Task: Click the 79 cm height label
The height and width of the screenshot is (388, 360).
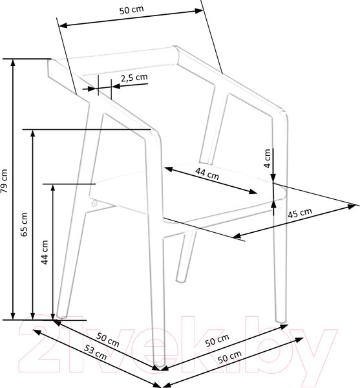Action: pos(4,181)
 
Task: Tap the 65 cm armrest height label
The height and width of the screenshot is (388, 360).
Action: pos(24,224)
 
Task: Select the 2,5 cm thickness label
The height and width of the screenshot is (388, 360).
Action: pos(134,78)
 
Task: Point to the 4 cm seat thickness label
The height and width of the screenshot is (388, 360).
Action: pos(268,158)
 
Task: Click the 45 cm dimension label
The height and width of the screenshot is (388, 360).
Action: pos(300,213)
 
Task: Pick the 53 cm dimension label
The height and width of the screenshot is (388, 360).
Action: pos(95,352)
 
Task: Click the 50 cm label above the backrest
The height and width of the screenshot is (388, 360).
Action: pos(131,10)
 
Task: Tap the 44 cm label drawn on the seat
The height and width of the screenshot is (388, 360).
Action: pos(207,173)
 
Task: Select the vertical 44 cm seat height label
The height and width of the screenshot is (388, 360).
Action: pos(45,252)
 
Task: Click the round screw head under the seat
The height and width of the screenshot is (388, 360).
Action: pos(94,204)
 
